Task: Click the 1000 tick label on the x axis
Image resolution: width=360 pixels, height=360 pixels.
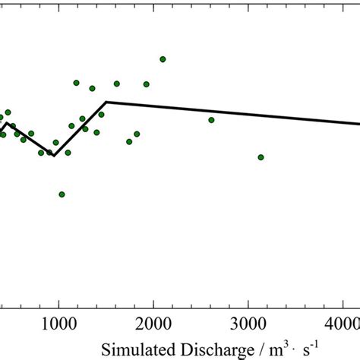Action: [58, 322]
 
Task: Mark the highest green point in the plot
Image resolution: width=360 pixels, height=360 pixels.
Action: [163, 59]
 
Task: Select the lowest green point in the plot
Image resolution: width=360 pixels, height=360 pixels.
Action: [62, 194]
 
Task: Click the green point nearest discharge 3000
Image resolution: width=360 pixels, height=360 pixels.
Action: [261, 157]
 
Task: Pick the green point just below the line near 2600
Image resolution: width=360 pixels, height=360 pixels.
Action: [211, 120]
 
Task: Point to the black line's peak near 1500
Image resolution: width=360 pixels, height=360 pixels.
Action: [106, 102]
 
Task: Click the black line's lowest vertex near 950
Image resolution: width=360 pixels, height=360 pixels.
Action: [52, 156]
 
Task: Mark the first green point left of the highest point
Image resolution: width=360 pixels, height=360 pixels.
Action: [146, 84]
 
